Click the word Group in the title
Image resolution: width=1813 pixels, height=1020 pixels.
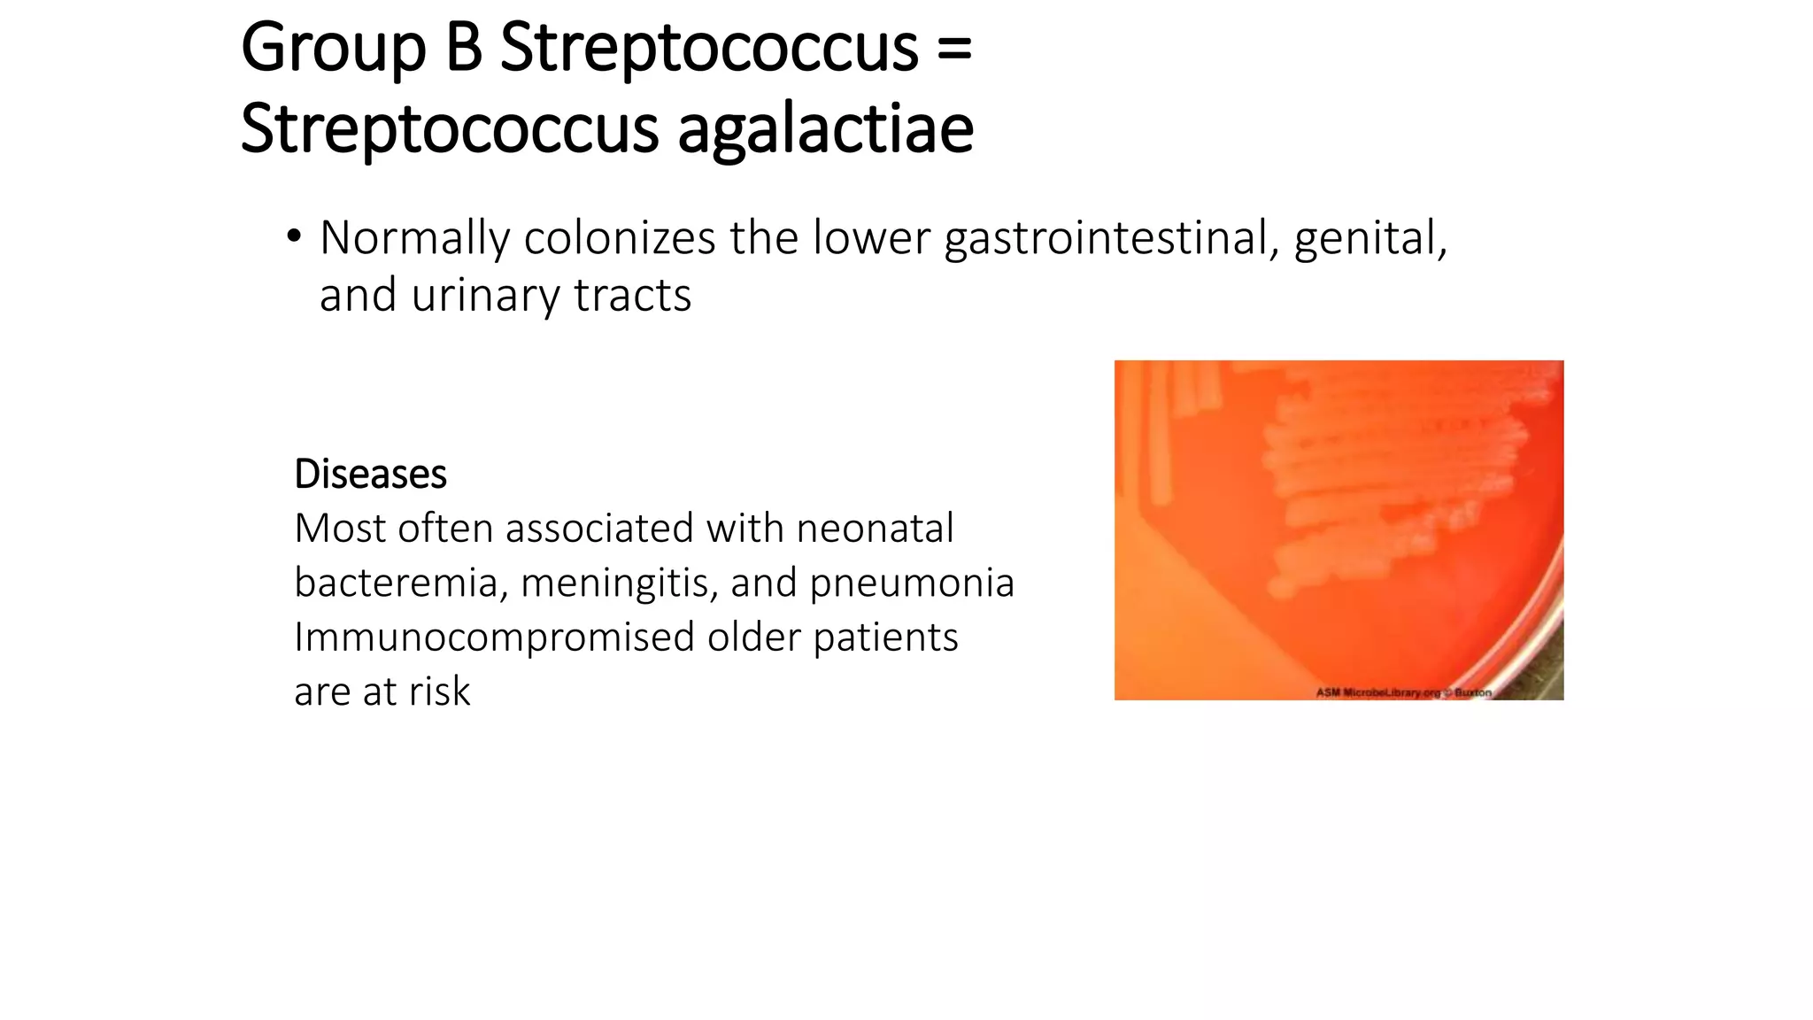(333, 49)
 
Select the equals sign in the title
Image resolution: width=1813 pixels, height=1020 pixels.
(953, 49)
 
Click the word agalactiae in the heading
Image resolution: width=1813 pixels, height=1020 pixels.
(825, 130)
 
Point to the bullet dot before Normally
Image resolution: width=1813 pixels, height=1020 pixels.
(294, 237)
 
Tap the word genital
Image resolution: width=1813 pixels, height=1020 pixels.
(1369, 239)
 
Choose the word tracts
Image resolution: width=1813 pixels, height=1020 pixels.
(632, 296)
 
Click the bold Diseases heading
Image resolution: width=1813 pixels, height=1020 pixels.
(370, 475)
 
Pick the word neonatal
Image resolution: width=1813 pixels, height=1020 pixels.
(875, 529)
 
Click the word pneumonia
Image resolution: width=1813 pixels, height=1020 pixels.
(912, 583)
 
